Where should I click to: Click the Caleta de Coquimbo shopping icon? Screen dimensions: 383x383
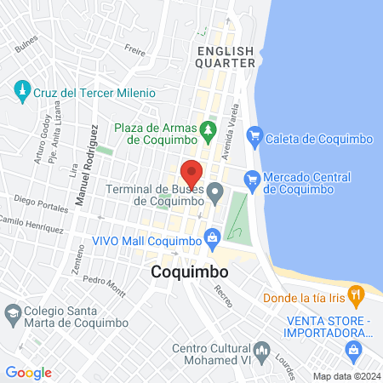pyautogui.click(x=254, y=135)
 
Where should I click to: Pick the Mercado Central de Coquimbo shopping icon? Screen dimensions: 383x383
pyautogui.click(x=252, y=179)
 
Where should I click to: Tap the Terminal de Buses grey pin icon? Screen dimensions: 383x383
pyautogui.click(x=215, y=189)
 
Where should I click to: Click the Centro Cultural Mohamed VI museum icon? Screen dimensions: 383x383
pyautogui.click(x=262, y=351)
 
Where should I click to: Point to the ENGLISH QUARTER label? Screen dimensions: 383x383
pyautogui.click(x=226, y=57)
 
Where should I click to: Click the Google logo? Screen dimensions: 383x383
pyautogui.click(x=28, y=372)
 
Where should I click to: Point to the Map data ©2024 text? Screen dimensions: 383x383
pyautogui.click(x=344, y=376)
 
